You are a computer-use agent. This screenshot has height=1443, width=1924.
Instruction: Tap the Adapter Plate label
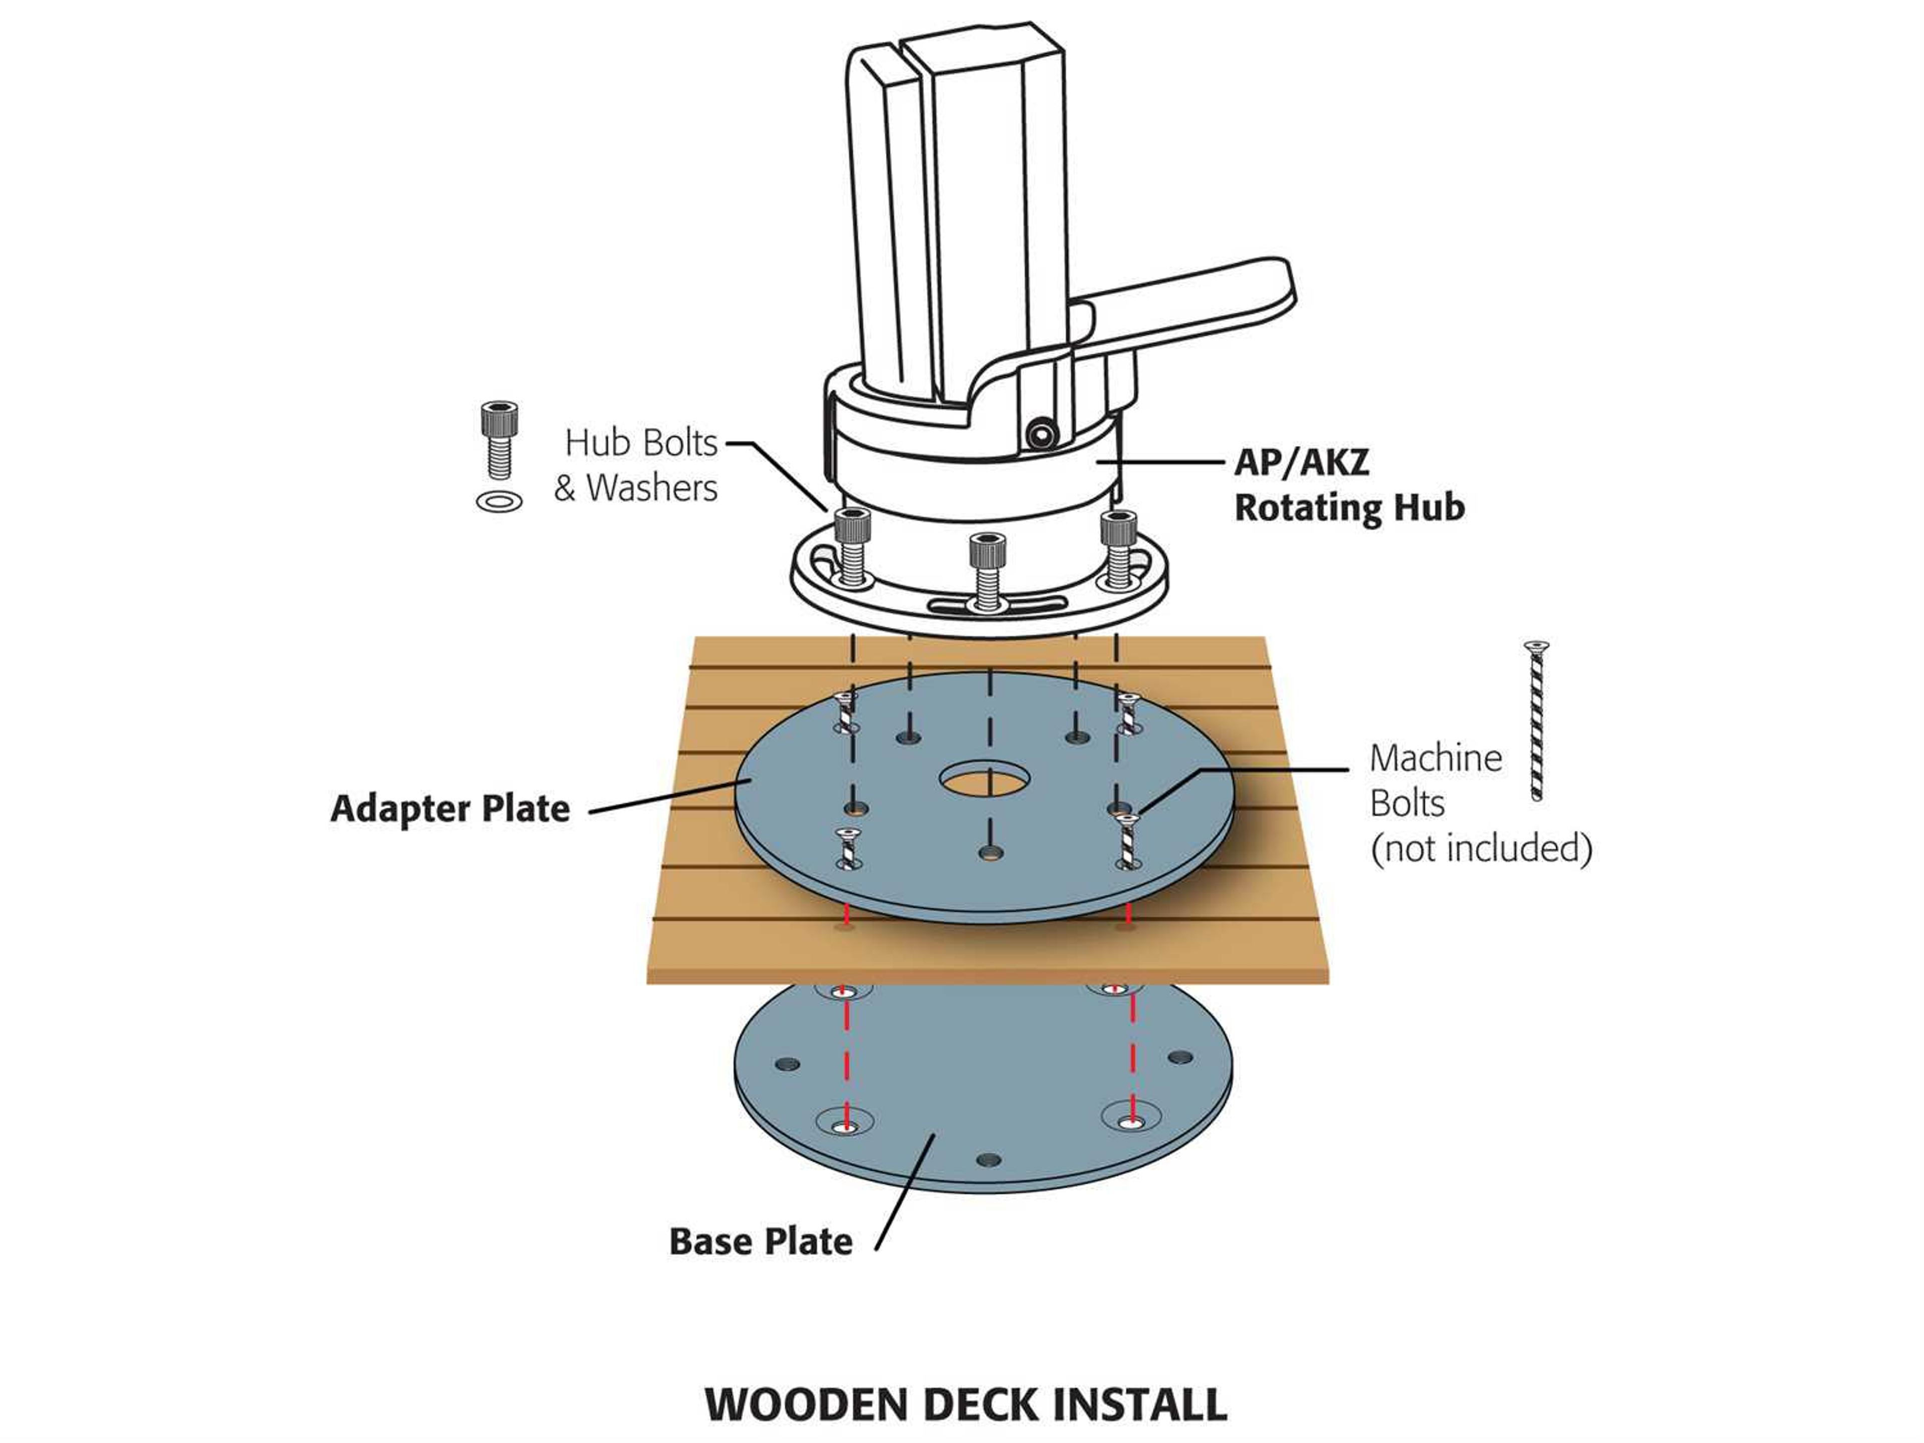click(x=450, y=809)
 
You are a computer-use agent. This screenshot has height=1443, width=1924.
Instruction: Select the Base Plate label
click(x=760, y=1241)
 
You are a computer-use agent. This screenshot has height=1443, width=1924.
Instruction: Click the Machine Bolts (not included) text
click(x=1479, y=804)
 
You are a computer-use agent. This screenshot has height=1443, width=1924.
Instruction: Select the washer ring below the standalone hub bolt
click(x=499, y=502)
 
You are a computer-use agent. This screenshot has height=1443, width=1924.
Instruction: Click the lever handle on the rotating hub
click(x=1191, y=305)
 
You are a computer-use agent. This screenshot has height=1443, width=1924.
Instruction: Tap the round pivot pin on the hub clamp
click(x=1040, y=432)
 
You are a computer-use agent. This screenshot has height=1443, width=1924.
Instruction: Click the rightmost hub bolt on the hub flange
click(x=1118, y=548)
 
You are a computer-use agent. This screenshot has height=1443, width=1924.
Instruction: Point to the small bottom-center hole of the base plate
click(x=988, y=1159)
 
